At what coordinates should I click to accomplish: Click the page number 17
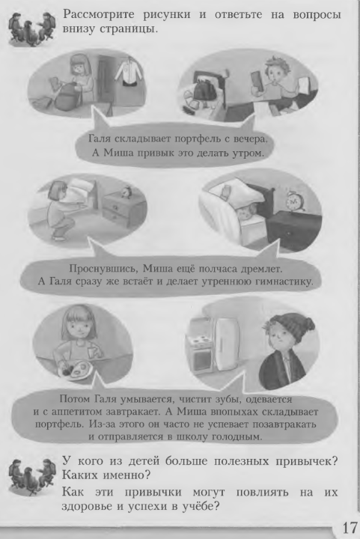[350, 526]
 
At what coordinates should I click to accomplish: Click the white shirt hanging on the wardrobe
[129, 72]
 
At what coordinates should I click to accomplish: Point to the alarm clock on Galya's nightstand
[127, 192]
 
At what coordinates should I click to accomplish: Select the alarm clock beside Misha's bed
[295, 201]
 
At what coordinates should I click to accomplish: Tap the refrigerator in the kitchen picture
[226, 344]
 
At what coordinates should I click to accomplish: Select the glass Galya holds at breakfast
[93, 353]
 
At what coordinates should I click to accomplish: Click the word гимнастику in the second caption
[284, 281]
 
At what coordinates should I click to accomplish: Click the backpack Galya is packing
[67, 97]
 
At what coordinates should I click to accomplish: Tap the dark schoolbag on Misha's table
[205, 88]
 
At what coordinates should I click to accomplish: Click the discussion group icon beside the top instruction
[32, 29]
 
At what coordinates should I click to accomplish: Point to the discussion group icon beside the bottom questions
[32, 477]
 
